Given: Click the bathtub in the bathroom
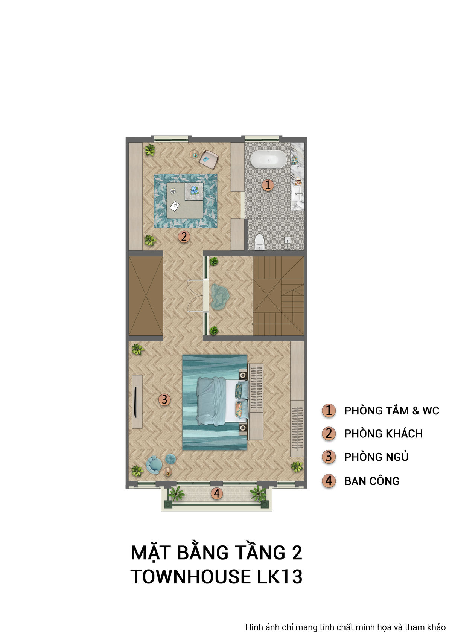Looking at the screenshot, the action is [268, 160].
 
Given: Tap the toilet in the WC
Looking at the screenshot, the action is [259, 242].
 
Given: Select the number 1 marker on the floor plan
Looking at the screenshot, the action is [268, 185].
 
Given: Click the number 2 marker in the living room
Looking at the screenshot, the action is [184, 236].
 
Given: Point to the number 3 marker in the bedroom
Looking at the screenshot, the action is [164, 399].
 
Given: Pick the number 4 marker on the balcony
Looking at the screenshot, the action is [216, 493].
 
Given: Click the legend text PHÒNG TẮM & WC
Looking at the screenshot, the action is [391, 411].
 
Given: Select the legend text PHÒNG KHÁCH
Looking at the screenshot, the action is [383, 434].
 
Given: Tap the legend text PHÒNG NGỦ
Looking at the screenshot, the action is [376, 457].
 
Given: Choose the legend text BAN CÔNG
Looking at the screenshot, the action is [371, 481].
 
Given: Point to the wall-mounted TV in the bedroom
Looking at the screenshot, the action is [135, 402].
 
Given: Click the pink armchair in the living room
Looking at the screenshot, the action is [209, 160].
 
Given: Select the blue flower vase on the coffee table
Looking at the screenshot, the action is [194, 190].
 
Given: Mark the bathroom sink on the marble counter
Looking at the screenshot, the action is [297, 193].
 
